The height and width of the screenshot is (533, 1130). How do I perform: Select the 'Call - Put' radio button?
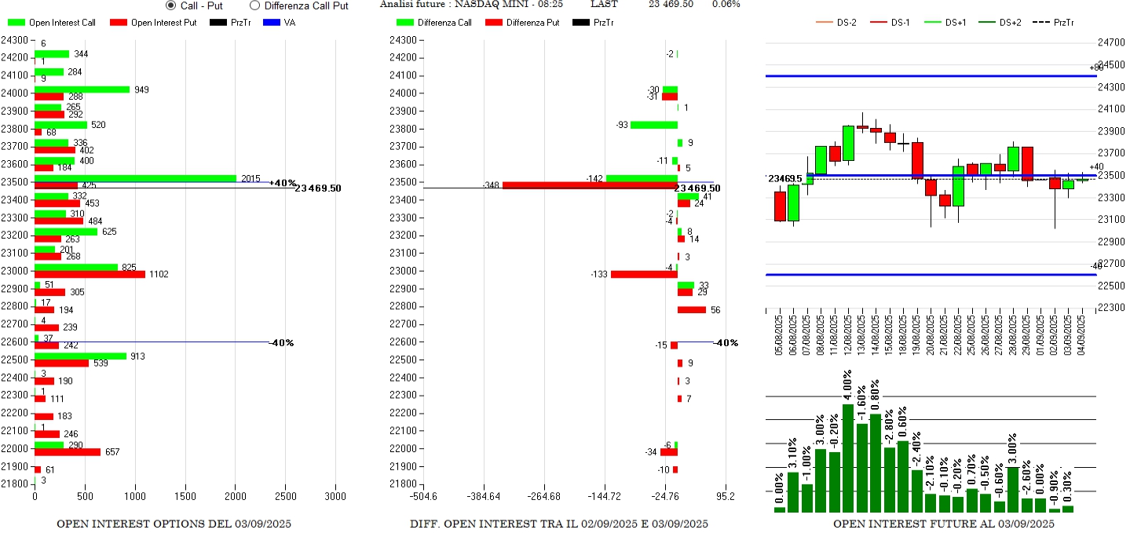(171, 5)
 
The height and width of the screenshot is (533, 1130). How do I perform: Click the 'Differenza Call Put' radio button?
(254, 5)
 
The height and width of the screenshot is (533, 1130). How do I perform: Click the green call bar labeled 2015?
(135, 178)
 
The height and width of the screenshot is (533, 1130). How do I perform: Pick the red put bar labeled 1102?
(90, 274)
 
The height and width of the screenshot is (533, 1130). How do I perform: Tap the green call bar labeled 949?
(82, 89)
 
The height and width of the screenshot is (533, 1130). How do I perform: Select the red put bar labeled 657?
(68, 452)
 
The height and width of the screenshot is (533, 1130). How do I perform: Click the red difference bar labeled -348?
(590, 186)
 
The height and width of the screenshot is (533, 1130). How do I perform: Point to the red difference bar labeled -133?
(644, 274)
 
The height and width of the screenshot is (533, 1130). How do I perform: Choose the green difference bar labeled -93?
(653, 125)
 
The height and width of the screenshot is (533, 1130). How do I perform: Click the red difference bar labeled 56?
(692, 310)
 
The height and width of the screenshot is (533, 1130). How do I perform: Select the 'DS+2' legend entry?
(998, 23)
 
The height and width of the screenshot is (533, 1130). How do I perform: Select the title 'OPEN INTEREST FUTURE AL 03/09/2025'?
(943, 524)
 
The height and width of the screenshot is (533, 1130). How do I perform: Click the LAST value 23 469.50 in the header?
(671, 5)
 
